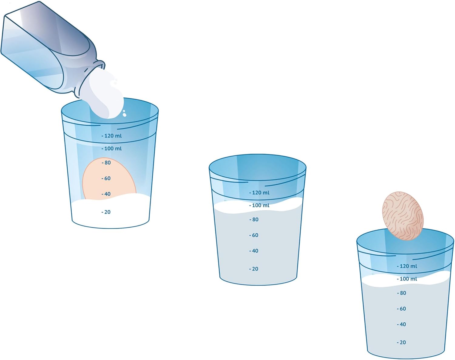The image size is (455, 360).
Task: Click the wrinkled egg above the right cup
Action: (x=403, y=216)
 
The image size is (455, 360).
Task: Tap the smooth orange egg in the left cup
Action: (x=109, y=179)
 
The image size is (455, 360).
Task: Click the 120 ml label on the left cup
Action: (x=112, y=136)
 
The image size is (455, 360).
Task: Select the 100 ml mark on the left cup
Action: (x=112, y=148)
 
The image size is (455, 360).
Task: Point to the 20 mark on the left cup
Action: (x=106, y=212)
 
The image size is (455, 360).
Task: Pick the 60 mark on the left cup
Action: (x=106, y=178)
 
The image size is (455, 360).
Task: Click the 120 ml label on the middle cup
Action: (x=259, y=192)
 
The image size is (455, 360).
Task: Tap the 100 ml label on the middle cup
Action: (x=259, y=205)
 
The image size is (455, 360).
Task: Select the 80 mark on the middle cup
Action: (x=254, y=219)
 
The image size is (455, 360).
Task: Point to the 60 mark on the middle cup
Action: (x=254, y=235)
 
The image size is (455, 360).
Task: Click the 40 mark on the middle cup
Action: (x=254, y=251)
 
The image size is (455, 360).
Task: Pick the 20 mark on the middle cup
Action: (x=254, y=269)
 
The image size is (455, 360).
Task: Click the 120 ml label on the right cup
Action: (x=407, y=266)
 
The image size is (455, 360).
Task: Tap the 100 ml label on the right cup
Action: (x=407, y=279)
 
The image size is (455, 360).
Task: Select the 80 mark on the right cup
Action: (x=402, y=293)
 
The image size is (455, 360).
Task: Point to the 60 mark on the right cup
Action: (x=402, y=309)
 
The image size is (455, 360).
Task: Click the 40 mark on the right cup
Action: (x=402, y=324)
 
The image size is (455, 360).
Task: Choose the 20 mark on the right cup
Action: (x=402, y=342)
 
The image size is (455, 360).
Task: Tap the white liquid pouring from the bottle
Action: (x=106, y=95)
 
